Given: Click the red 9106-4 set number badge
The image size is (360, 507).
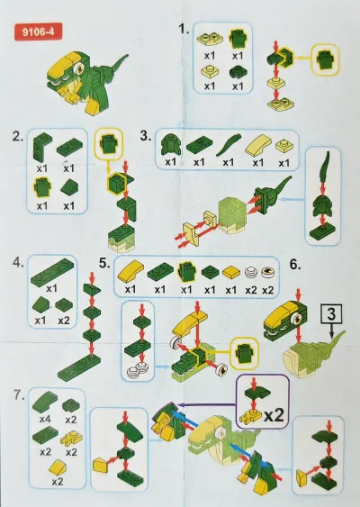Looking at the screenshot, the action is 38,32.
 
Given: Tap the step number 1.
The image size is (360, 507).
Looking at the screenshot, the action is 184,29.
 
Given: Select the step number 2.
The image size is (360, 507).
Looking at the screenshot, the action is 17,137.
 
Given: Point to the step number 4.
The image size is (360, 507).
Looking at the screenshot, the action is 18,262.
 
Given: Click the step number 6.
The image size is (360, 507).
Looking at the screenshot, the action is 294,264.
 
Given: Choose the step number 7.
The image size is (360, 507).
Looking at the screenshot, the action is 19,394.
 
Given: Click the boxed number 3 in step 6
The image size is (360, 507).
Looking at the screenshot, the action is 331,313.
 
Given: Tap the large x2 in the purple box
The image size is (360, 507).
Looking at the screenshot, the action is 274,415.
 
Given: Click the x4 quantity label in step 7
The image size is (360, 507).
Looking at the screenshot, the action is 45,419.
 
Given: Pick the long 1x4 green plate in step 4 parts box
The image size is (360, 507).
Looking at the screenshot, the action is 52,271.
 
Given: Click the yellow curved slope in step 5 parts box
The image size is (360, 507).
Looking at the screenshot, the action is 130,270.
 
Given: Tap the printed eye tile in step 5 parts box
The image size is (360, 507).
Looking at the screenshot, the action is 267,272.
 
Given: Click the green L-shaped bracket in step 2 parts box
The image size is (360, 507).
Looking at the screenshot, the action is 42,147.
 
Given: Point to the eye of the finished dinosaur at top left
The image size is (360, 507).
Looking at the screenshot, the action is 78,68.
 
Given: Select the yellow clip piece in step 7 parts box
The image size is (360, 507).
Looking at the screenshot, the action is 71,438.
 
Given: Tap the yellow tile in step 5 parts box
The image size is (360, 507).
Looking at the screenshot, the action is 230,272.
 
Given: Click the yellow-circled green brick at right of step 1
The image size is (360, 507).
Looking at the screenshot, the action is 326,59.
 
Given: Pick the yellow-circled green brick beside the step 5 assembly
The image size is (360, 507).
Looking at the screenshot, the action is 244,353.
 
